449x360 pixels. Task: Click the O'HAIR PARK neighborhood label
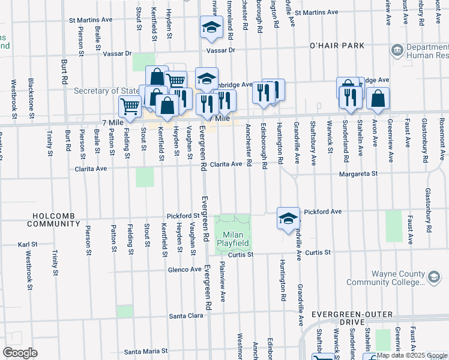pos(337,46)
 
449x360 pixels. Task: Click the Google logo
pos(20,353)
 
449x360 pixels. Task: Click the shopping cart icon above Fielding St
pos(130,106)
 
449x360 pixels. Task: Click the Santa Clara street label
pos(186,316)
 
